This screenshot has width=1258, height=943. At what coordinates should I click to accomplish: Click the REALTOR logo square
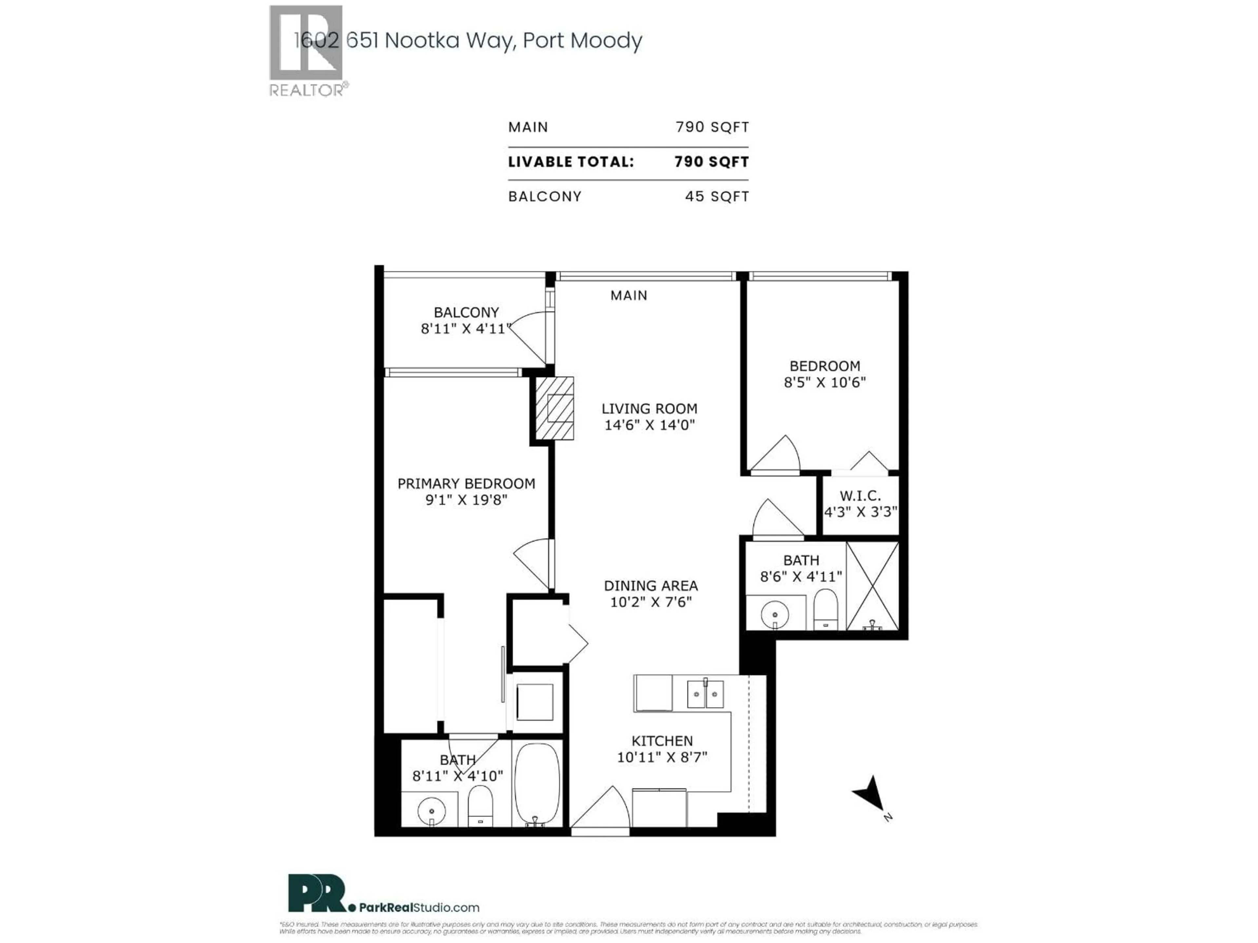pos(305,43)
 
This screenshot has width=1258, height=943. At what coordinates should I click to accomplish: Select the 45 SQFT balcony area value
pos(716,197)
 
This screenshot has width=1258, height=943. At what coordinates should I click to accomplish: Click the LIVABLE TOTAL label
pos(570,162)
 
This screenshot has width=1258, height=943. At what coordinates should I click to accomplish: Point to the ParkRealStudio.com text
pos(419,908)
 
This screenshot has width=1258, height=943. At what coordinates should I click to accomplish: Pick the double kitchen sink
pos(705,694)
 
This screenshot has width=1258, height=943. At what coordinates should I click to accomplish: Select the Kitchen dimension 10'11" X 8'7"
pos(662,757)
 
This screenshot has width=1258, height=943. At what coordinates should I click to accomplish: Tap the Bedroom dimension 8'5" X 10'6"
pos(825,382)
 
